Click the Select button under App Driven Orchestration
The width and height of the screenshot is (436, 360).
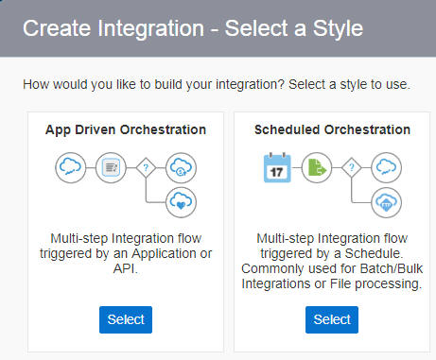coord(126,319)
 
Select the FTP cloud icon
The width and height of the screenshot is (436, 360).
coord(386,200)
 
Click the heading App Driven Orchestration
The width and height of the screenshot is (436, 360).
coord(126,129)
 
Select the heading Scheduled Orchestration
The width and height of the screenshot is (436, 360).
coord(331,129)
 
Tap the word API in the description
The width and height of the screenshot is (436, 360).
coord(126,269)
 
